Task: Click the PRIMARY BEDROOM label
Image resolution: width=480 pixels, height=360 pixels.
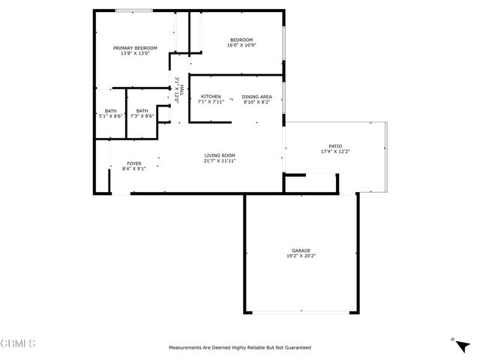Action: click(135, 48)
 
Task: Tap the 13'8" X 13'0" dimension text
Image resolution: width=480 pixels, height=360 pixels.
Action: click(135, 53)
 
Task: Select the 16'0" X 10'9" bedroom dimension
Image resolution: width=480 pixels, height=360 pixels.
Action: click(241, 45)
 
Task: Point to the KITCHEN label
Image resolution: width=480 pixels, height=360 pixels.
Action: click(211, 97)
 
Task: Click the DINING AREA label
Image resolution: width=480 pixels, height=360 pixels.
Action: click(256, 97)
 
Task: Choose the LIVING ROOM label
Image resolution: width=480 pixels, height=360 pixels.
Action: click(220, 155)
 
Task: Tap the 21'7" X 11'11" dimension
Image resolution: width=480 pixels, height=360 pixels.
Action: click(220, 160)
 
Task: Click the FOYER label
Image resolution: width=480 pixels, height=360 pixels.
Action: click(133, 163)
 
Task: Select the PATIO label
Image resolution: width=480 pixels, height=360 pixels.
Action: click(334, 147)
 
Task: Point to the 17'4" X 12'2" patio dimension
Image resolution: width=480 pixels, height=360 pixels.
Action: click(334, 152)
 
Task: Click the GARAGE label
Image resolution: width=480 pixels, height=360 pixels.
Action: click(301, 250)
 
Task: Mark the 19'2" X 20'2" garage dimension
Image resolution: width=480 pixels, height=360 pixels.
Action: click(301, 256)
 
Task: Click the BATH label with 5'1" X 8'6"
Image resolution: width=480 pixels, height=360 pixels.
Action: click(110, 111)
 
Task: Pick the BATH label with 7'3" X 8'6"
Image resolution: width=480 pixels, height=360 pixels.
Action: click(142, 111)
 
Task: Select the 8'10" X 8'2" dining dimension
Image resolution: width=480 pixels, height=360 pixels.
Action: click(256, 102)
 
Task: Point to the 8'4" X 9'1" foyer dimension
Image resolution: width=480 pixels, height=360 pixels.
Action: click(133, 169)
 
